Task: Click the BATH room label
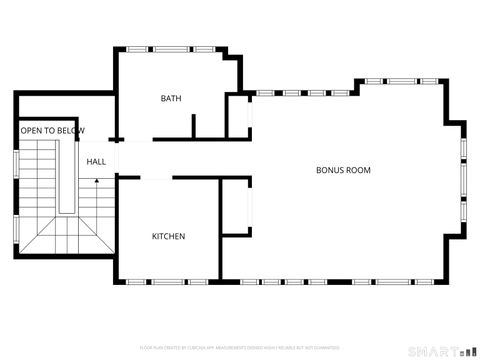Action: click(x=171, y=98)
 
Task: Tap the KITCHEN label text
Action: click(x=168, y=236)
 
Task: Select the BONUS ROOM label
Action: click(x=343, y=170)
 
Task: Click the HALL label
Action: click(x=96, y=161)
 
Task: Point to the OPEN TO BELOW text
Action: click(x=53, y=131)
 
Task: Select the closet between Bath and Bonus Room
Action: click(x=238, y=116)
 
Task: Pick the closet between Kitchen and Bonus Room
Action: click(x=235, y=208)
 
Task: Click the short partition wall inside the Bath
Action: click(x=193, y=125)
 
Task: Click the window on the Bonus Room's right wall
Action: click(x=463, y=181)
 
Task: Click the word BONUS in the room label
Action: click(x=330, y=170)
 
